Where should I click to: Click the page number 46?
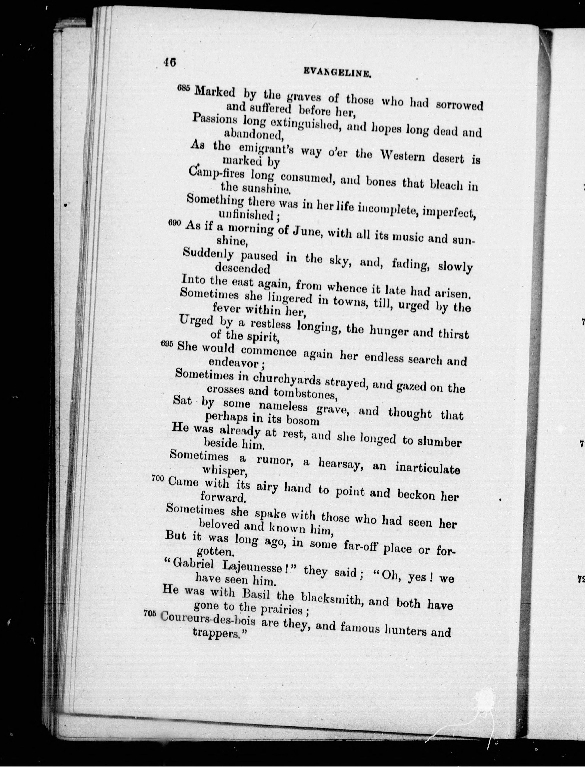point(170,63)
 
